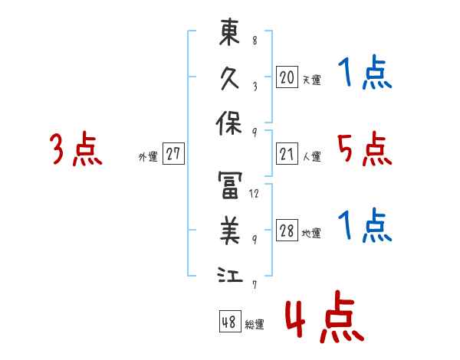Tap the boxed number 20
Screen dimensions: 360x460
point(287,77)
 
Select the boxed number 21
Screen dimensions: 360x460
point(287,155)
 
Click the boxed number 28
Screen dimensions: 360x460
point(287,231)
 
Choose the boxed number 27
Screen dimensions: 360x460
point(173,155)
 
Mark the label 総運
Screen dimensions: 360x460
point(255,324)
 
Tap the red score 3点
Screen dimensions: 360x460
point(76,149)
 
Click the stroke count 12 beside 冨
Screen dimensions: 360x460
point(255,194)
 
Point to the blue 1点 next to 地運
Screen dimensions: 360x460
point(364,227)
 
